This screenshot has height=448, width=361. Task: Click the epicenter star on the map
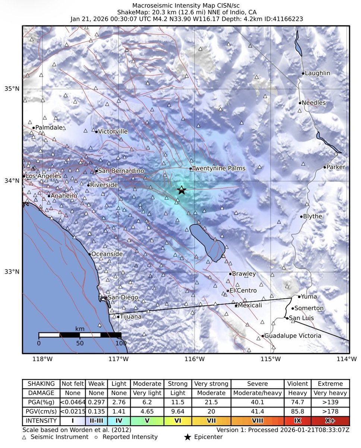point(181,190)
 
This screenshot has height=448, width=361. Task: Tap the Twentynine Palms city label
point(219,168)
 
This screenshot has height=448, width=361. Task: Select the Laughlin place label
point(317,73)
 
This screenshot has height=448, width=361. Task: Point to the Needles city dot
point(300,103)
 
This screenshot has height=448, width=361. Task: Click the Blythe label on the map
point(313,217)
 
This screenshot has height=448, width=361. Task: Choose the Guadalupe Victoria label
point(293,336)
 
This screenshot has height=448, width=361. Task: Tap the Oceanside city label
point(107,254)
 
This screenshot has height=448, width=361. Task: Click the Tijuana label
point(131,317)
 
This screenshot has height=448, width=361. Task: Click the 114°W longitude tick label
point(349,359)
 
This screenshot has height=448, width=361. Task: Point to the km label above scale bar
point(79,329)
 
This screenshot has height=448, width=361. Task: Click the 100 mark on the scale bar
point(120,342)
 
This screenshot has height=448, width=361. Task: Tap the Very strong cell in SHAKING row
point(210,384)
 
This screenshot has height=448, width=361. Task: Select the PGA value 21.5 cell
point(210,402)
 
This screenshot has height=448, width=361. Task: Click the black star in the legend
point(189,437)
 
